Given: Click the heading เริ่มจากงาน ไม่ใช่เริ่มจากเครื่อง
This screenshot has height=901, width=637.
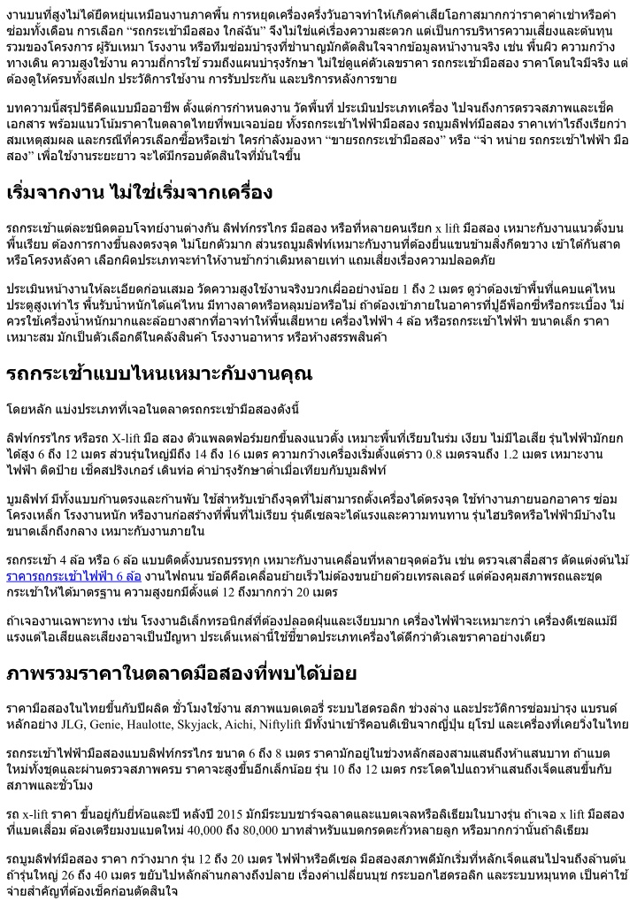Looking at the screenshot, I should point(140,192).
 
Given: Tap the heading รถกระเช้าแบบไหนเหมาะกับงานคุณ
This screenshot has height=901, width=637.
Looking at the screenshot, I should point(159,373).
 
